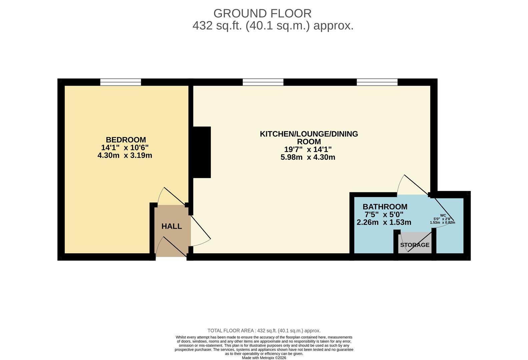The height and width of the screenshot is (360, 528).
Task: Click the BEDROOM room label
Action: point(126,140)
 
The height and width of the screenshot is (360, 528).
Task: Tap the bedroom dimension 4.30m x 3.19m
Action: point(125,155)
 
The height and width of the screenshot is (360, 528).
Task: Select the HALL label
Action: point(171,226)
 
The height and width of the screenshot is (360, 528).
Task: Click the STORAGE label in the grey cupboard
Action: point(415,245)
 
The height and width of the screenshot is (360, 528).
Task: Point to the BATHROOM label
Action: point(385,207)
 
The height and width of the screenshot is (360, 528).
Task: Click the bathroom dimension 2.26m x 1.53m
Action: point(384,222)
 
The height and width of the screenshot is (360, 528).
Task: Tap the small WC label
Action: point(443,215)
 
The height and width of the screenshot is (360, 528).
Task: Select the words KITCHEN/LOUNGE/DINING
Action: point(309,134)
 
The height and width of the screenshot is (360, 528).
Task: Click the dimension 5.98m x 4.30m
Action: point(308,157)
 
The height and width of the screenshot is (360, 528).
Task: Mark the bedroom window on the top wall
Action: point(120,82)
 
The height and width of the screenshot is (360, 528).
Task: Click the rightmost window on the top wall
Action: point(377,82)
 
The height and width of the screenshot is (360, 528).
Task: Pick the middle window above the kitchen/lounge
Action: point(263,82)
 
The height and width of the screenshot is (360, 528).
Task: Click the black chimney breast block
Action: point(202,152)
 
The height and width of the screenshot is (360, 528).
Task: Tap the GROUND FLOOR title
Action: point(262,13)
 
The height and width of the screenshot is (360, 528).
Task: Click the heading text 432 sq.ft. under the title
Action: point(217,26)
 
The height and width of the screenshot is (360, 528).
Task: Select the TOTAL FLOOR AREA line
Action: point(263,331)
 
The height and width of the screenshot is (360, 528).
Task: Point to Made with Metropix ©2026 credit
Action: point(263,358)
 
